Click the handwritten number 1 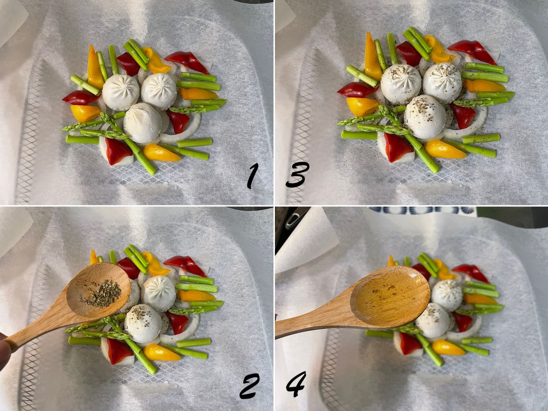(252, 176)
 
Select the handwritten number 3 (297, 175)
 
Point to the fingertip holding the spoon (5, 348)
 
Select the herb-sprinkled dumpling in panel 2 (144, 323)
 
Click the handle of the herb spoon (37, 329)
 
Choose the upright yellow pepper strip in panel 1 (95, 67)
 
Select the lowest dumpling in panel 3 (425, 117)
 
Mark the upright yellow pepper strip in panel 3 (373, 58)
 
